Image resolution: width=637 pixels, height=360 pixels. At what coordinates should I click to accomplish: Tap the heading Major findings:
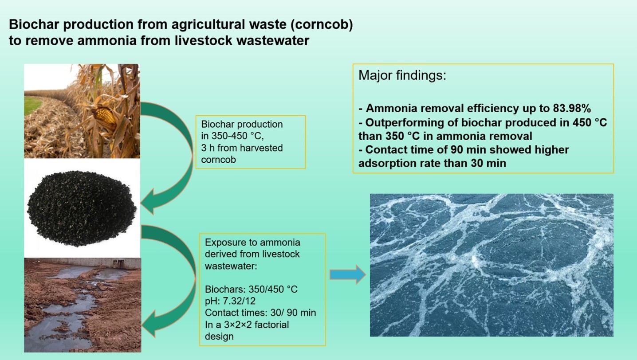point(402,75)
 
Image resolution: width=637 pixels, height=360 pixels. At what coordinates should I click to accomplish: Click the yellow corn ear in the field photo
point(105,116)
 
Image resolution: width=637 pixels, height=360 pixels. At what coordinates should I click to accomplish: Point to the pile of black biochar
point(82,208)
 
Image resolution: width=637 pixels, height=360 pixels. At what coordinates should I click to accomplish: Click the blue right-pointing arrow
point(348,274)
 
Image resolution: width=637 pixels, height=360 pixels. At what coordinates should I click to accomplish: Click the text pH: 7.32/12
point(230,301)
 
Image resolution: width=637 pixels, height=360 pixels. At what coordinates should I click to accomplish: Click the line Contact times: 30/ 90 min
point(260,313)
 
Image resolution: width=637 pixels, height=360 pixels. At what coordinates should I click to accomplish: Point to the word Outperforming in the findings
point(405,123)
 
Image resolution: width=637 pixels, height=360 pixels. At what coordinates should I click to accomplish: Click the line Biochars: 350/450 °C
point(251,289)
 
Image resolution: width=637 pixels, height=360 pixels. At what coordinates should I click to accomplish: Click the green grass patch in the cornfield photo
point(32,105)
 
